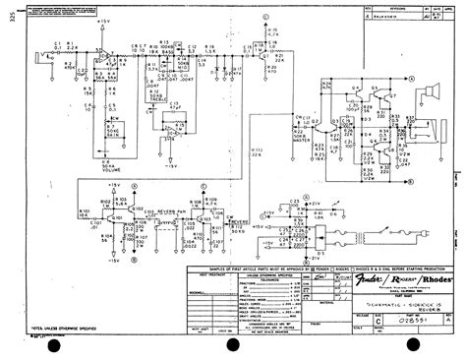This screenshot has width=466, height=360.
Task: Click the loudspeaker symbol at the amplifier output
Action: (430, 95)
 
